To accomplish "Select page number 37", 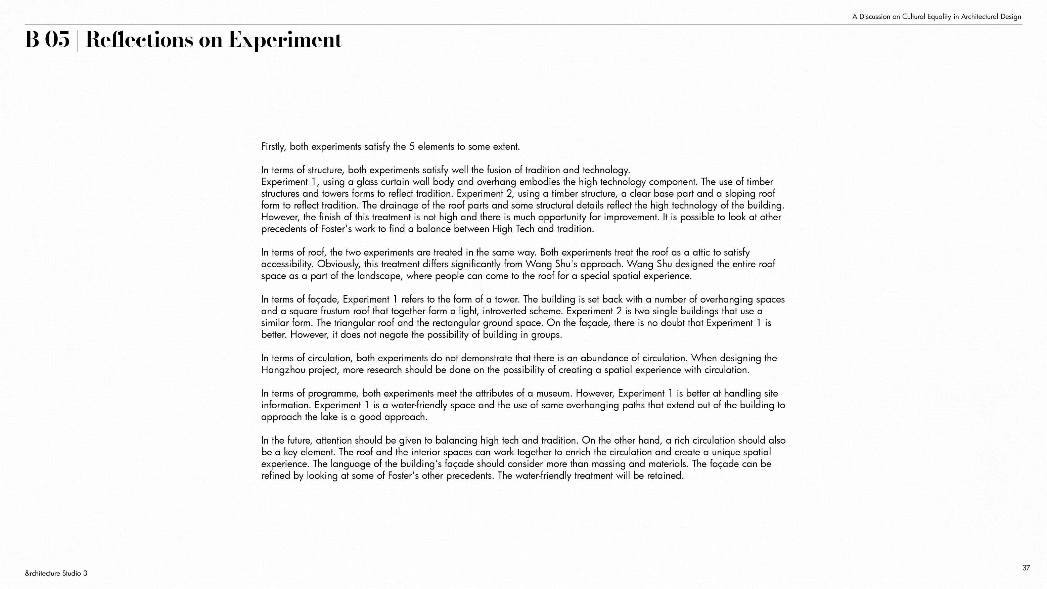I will point(1026,568).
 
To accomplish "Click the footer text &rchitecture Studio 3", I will point(56,573).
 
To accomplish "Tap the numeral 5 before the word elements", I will point(412,146).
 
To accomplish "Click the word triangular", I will point(354,323).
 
